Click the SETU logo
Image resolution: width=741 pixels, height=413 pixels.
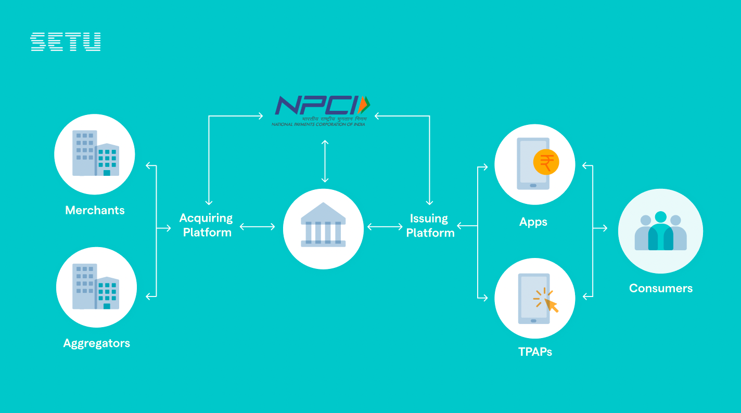click(66, 42)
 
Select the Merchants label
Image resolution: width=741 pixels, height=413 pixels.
click(95, 210)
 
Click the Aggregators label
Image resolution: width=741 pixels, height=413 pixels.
click(96, 343)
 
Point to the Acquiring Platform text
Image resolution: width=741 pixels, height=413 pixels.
click(207, 225)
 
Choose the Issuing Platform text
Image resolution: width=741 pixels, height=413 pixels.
click(430, 226)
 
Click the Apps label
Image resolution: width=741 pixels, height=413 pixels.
click(533, 222)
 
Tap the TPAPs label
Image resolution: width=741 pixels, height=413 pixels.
click(535, 352)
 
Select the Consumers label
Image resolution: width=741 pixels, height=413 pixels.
click(660, 288)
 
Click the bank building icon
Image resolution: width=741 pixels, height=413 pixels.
click(323, 225)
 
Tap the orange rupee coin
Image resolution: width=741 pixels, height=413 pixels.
click(546, 162)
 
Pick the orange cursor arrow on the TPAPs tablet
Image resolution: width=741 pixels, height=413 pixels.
click(551, 305)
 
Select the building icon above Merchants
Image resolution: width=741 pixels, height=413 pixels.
click(95, 153)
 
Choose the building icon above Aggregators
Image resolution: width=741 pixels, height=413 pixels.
click(96, 287)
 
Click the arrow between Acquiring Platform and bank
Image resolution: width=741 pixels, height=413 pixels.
click(257, 226)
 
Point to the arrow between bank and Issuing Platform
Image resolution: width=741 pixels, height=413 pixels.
click(385, 226)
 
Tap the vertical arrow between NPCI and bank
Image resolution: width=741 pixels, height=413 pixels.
click(325, 161)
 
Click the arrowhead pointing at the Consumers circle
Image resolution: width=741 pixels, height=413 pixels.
click(604, 228)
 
